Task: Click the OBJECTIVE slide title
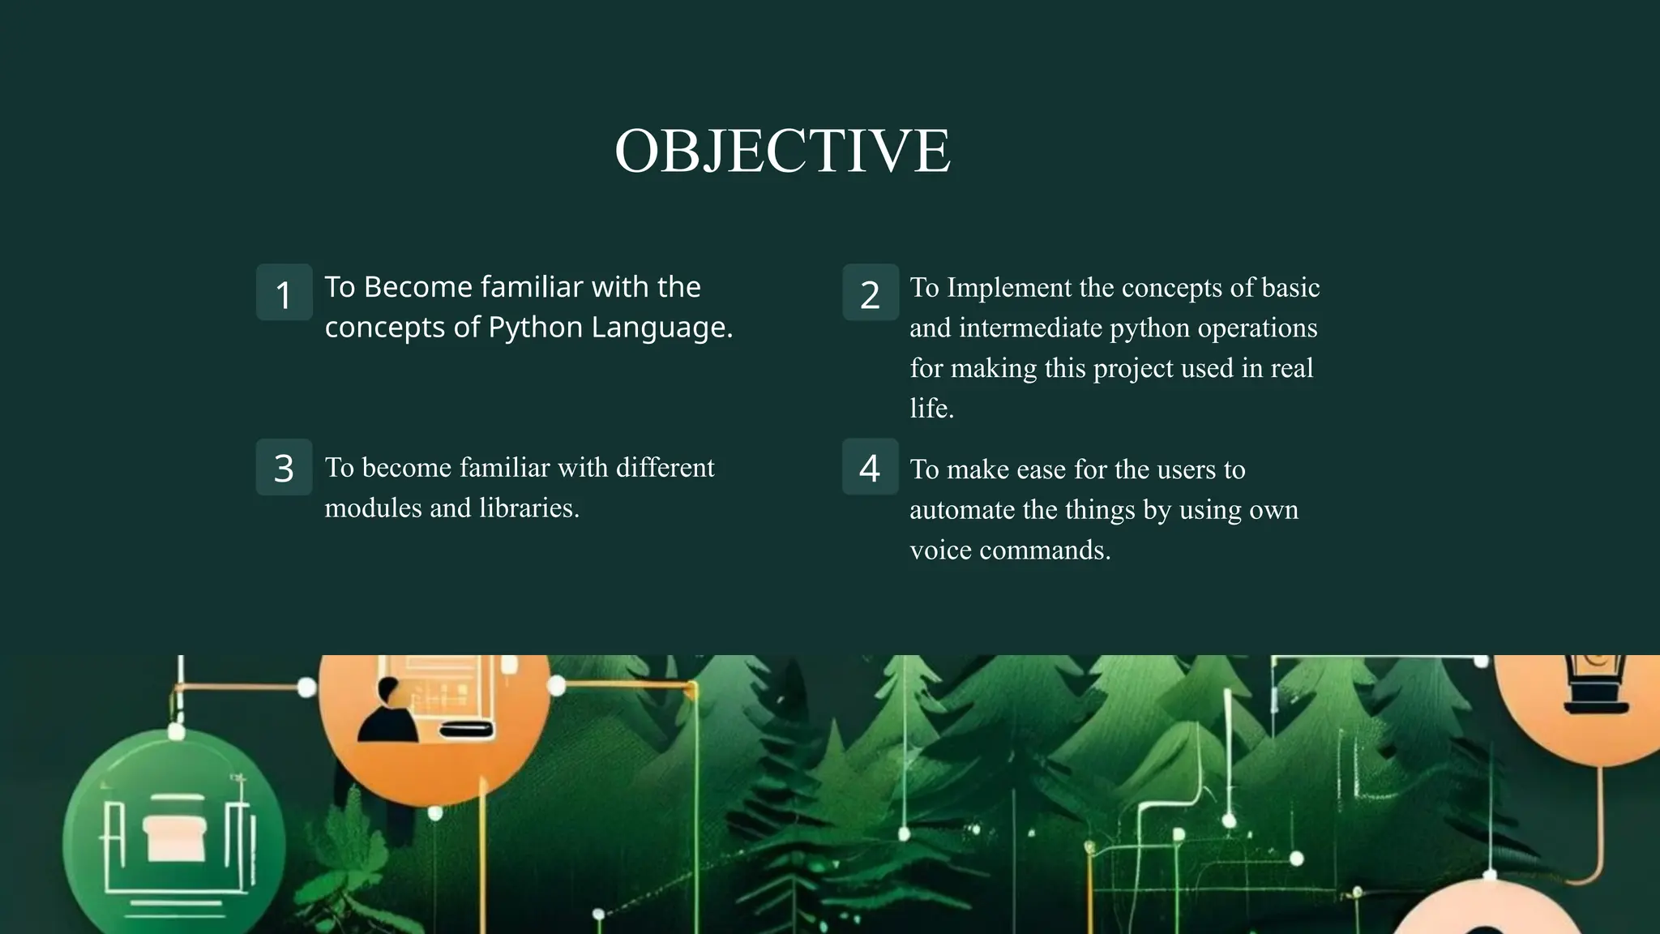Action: click(x=782, y=152)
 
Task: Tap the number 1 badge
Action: click(x=284, y=293)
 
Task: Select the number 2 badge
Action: click(x=870, y=293)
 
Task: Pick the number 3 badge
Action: click(x=284, y=468)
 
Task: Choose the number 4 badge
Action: click(x=870, y=467)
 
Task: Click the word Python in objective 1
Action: click(x=535, y=328)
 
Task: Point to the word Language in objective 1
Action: click(x=661, y=328)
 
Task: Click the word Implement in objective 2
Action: click(x=1009, y=288)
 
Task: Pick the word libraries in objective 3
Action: click(x=528, y=508)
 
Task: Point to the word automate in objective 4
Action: click(x=961, y=510)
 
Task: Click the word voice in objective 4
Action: click(x=940, y=551)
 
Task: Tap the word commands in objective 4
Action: click(x=1045, y=551)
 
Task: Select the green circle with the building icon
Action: click(x=173, y=839)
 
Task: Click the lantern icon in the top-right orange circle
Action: click(x=1594, y=685)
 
